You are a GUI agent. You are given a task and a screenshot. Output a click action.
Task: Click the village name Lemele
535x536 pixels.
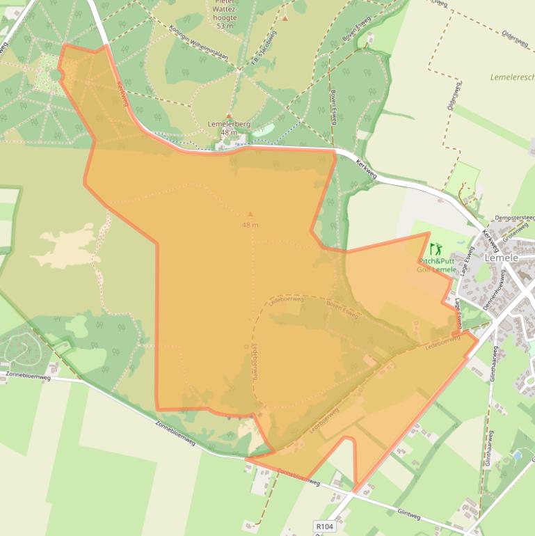[502, 258]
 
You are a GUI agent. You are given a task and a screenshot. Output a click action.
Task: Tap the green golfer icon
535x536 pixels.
[436, 249]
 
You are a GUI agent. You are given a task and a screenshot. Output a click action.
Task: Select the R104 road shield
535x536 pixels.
[324, 527]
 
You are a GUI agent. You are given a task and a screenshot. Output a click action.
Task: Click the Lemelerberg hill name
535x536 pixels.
[228, 124]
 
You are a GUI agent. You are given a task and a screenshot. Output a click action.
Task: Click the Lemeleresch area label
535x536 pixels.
[512, 77]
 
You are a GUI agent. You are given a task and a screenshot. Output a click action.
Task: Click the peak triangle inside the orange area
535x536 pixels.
[250, 214]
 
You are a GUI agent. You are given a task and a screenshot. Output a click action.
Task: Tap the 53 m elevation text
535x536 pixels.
[225, 26]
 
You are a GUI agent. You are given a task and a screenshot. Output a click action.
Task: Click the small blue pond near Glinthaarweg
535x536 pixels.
[517, 457]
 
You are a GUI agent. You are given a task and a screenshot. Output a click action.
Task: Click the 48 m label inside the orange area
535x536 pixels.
[250, 225]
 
